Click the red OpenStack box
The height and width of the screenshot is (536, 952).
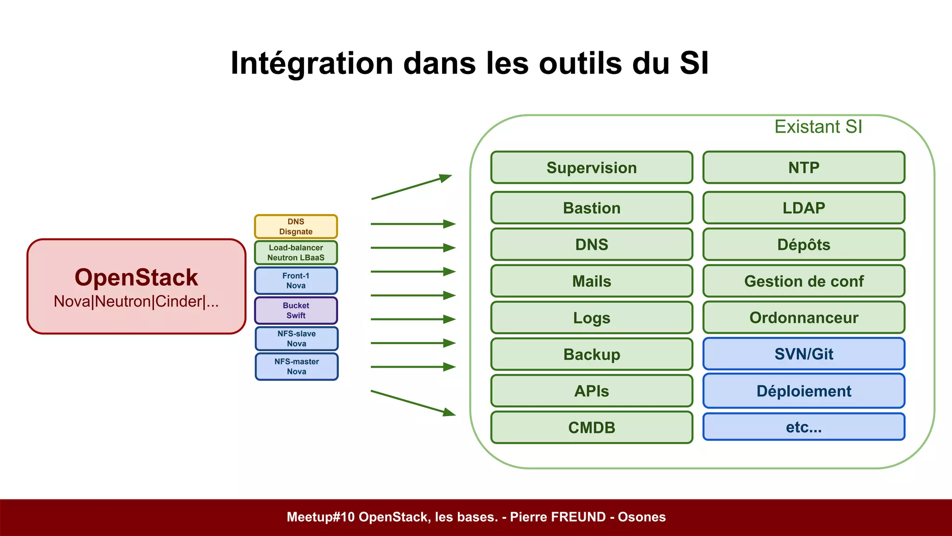(x=136, y=286)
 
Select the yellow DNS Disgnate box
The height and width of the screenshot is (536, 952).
(x=296, y=227)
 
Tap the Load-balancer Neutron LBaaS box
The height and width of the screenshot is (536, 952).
(x=296, y=253)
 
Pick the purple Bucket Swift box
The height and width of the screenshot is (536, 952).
(x=296, y=310)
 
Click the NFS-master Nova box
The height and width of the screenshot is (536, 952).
(x=297, y=367)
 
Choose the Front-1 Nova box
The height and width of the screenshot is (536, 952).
(x=296, y=281)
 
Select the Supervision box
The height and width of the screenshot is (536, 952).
(x=591, y=167)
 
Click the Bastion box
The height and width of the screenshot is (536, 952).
(x=591, y=208)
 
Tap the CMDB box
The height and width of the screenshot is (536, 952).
(x=591, y=427)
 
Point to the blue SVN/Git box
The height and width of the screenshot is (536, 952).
(x=804, y=354)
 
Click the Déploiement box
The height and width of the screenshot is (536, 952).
(x=804, y=391)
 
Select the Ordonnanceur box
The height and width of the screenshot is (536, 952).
(x=804, y=317)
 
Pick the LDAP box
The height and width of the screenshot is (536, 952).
(x=804, y=208)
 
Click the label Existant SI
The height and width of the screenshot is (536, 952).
(x=818, y=127)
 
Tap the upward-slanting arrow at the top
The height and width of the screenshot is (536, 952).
(x=411, y=188)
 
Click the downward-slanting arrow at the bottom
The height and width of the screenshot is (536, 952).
(x=413, y=403)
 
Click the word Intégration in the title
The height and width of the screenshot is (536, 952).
(x=312, y=63)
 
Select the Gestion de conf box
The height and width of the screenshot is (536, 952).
(x=804, y=281)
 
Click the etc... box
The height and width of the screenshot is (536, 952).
(x=804, y=427)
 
